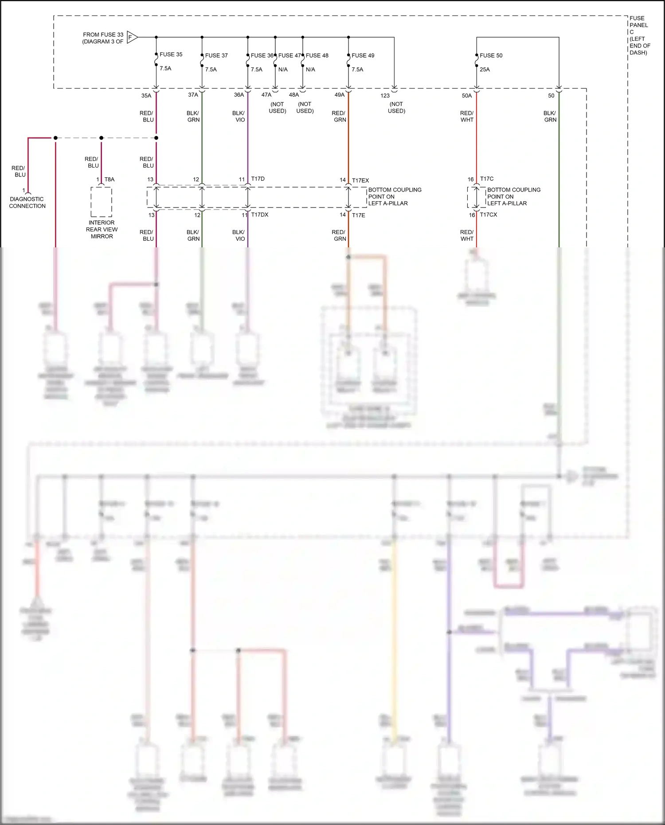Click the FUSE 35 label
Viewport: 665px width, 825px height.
pos(171,55)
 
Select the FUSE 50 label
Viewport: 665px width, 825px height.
pos(491,55)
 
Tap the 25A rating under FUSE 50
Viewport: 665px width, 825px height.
pos(485,70)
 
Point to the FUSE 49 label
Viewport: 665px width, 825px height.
pos(363,55)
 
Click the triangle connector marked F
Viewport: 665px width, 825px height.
pos(132,37)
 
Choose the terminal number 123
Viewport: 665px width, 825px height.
pos(385,96)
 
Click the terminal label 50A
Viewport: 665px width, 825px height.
pos(467,96)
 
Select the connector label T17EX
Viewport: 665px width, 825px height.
pos(360,180)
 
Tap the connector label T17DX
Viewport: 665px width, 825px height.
pos(260,215)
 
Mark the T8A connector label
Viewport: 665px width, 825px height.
pos(110,180)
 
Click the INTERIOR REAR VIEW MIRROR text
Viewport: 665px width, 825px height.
pos(102,230)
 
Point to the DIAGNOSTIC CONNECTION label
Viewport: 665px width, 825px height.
pos(27,203)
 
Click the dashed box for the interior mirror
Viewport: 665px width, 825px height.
pos(101,202)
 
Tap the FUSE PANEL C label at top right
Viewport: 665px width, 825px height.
pos(639,35)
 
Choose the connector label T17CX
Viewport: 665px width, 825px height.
pos(489,215)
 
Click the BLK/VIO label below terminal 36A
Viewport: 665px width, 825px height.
pos(239,117)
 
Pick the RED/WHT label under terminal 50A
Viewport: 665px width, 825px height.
pos(467,117)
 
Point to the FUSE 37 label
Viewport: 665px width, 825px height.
pos(216,55)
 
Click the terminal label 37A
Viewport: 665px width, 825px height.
pos(193,95)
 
